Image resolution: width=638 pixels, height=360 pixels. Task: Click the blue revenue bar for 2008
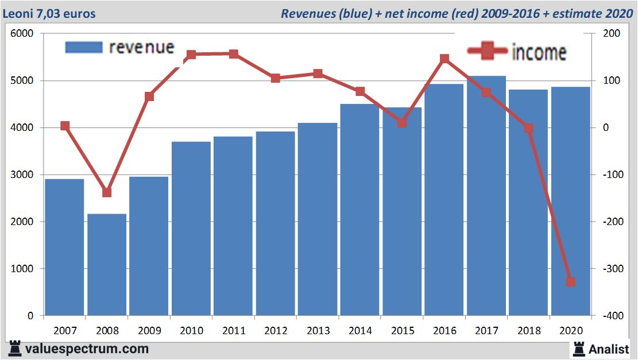click(107, 264)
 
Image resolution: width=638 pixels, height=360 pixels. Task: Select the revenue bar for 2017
click(486, 195)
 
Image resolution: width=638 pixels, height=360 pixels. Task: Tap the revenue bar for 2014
click(360, 210)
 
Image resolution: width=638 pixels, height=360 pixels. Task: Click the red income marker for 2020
click(570, 281)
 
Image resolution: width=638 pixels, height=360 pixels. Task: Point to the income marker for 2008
click(107, 192)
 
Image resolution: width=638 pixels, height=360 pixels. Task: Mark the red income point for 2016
click(444, 59)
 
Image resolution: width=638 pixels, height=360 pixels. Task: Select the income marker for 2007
click(65, 126)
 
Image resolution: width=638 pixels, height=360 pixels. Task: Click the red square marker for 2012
click(276, 78)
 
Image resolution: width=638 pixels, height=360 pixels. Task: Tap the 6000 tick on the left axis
click(22, 34)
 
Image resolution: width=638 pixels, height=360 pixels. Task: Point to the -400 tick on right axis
click(609, 316)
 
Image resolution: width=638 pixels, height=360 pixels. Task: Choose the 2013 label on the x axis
click(318, 331)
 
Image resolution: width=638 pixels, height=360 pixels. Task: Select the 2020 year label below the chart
click(571, 331)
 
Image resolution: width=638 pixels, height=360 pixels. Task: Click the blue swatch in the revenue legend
click(84, 47)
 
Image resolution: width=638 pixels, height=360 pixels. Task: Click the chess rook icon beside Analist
click(578, 348)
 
